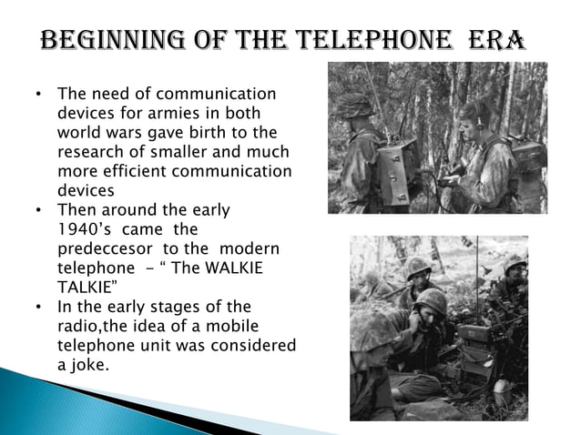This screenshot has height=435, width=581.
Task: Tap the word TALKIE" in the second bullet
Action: pos(86,288)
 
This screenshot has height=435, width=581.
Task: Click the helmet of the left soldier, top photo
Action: pos(352,106)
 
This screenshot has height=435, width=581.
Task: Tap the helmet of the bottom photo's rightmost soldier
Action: pos(515,264)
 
